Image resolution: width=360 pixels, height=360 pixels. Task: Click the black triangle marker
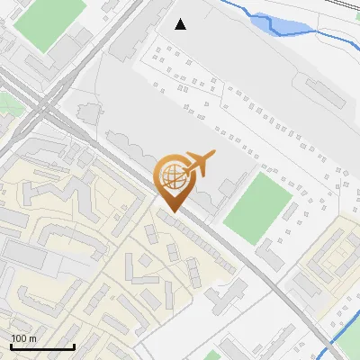181,24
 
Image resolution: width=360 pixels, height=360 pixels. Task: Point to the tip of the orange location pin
173,211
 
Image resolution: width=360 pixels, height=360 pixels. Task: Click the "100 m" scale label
23,338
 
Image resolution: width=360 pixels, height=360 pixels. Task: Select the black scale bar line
42,346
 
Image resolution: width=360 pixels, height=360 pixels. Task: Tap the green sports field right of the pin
258,203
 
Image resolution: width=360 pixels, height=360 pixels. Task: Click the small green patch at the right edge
355,144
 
